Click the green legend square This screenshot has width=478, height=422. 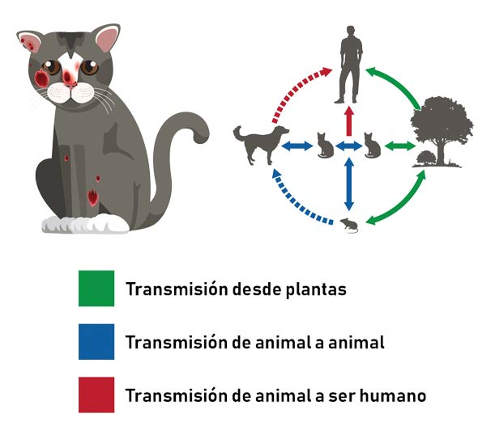(96, 288)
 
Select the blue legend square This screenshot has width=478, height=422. (96, 342)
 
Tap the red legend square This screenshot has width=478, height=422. (96, 395)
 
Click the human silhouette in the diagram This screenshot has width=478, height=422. (350, 65)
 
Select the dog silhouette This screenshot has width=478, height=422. (261, 146)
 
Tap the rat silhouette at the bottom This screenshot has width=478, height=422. (349, 226)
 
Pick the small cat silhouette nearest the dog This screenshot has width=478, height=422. (325, 146)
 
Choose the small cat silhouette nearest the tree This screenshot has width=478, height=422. (372, 146)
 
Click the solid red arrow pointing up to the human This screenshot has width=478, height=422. (349, 120)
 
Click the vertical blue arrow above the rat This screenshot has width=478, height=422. (349, 184)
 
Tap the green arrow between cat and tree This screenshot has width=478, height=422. (400, 146)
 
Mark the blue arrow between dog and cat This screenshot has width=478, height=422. (297, 146)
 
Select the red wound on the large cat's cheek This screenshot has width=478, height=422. (41, 78)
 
